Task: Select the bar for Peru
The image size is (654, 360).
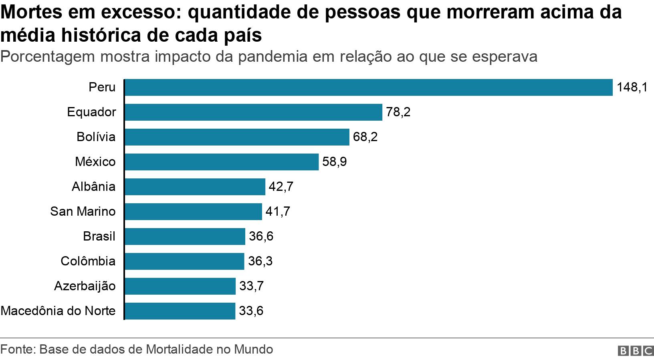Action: [369, 87]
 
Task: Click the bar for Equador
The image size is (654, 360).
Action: [253, 112]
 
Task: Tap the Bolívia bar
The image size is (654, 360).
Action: [237, 137]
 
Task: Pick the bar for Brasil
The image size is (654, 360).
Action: [185, 237]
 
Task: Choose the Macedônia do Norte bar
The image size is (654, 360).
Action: [180, 311]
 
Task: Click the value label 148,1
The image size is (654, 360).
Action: [632, 87]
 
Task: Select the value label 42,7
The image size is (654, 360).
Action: [281, 187]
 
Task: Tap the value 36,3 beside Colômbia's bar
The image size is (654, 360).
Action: [260, 261]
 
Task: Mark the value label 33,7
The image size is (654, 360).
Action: [251, 286]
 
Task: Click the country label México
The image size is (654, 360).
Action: [95, 162]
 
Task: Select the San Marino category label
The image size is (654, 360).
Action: [83, 212]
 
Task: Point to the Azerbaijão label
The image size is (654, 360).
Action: [85, 286]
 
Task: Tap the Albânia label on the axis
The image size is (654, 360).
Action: [94, 187]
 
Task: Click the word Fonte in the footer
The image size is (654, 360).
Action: [17, 350]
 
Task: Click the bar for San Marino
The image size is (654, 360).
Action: [193, 212]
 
